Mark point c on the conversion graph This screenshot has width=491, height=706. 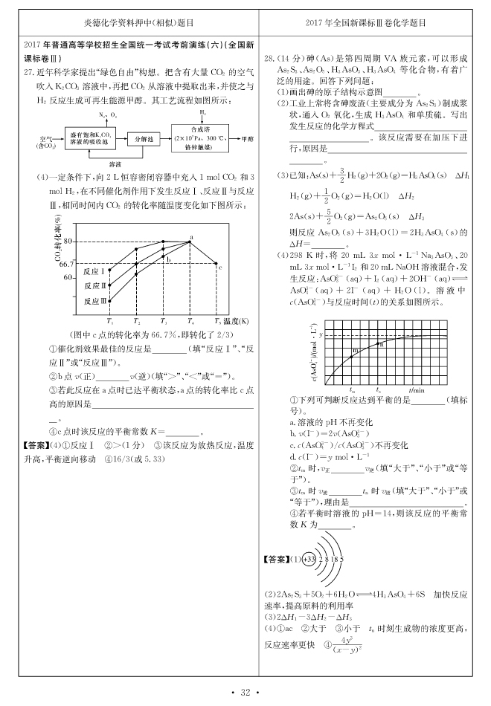(217, 265)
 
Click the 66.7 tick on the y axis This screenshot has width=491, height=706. (65, 264)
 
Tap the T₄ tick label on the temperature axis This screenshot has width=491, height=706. (190, 321)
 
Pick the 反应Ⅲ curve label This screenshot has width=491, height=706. (95, 300)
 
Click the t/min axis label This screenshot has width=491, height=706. (416, 389)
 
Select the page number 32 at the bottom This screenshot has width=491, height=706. (245, 693)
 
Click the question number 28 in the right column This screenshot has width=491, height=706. (270, 56)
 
